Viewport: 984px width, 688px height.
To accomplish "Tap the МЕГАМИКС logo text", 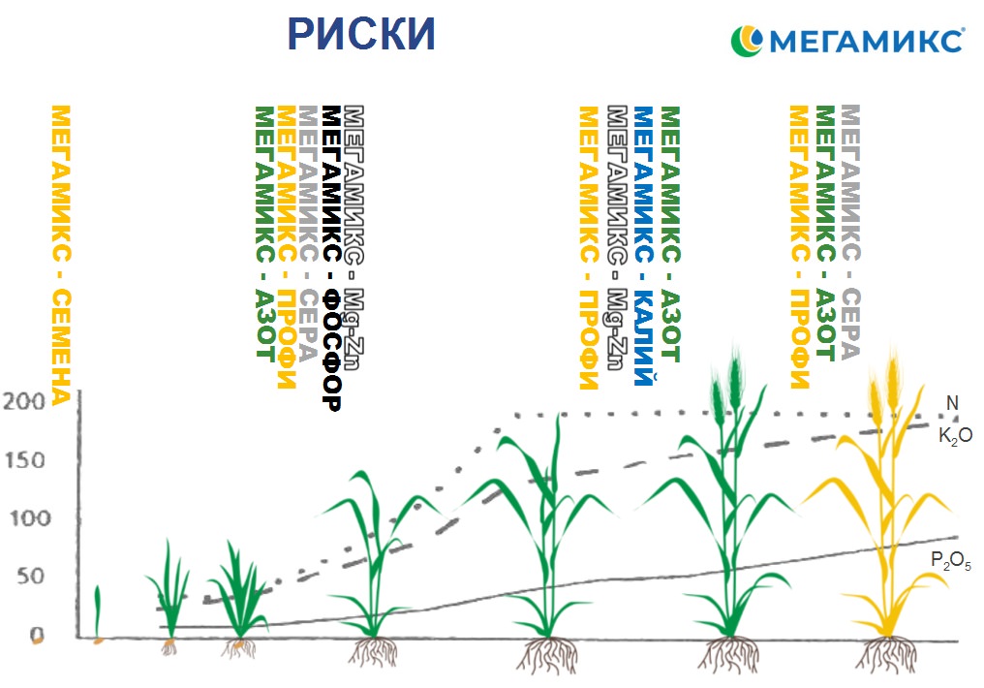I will [865, 41].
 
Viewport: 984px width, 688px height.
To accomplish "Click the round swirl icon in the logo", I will [747, 40].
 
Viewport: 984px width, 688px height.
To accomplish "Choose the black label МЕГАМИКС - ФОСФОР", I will [331, 258].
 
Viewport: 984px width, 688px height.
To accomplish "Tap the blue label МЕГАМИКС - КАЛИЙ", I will [643, 246].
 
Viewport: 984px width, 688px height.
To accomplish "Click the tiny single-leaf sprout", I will [97, 610].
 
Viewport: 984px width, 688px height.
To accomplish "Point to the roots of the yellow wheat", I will [887, 653].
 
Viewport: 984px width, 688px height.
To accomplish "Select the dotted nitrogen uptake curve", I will [678, 415].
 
